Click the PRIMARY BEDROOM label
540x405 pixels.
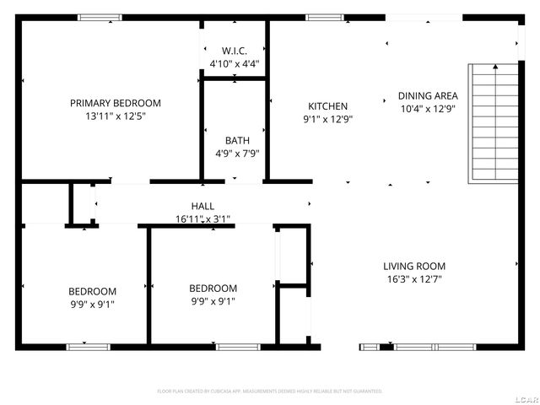pos(115,103)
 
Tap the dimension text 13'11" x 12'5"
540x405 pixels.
pos(115,116)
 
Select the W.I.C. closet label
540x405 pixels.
pos(234,51)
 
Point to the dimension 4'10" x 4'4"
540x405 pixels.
pos(234,63)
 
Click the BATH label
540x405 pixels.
pos(236,140)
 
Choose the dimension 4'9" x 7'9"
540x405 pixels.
pos(236,154)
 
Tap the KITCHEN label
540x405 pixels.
pos(327,106)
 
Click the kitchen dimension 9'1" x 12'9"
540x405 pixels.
pos(327,120)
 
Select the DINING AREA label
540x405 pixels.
pos(428,96)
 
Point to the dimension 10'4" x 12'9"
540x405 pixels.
pos(428,109)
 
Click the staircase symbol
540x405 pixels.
pos(494,122)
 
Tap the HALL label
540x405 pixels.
pos(202,206)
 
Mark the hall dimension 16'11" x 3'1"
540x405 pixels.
pos(202,219)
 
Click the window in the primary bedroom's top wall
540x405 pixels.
pos(100,17)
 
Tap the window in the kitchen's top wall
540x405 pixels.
pos(324,17)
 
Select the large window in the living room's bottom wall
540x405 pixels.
pos(422,347)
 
